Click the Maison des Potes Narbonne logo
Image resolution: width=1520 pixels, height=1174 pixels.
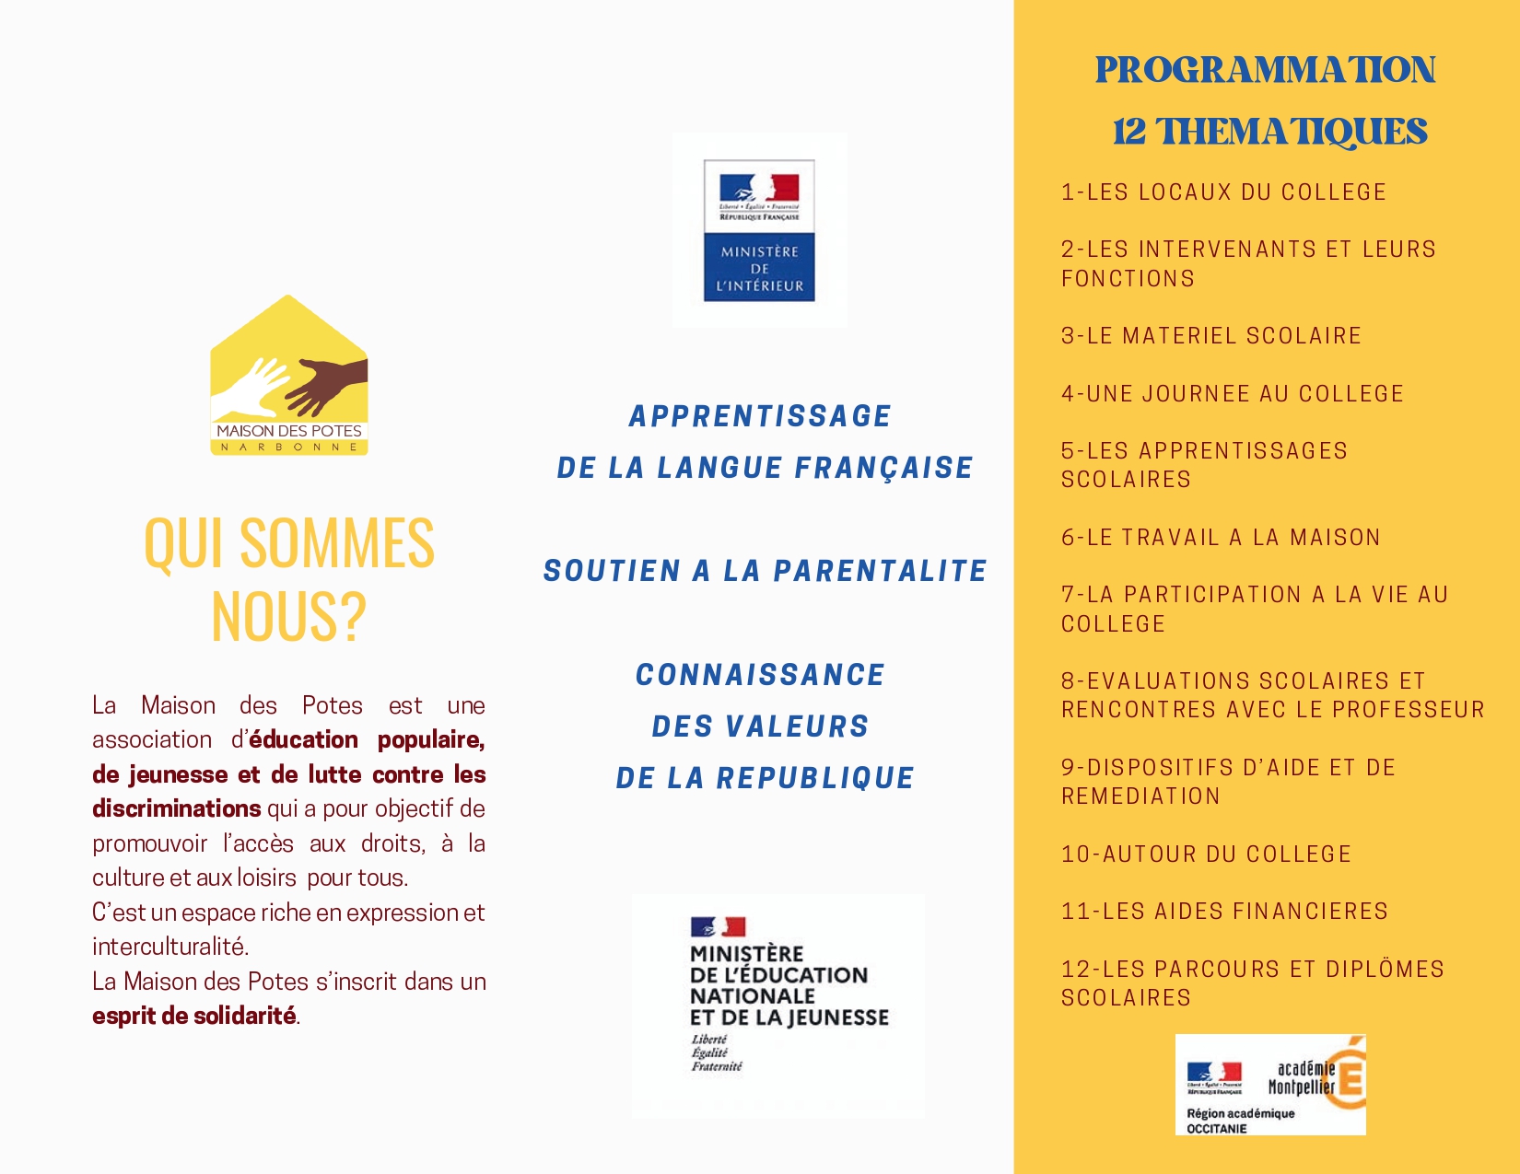click(289, 376)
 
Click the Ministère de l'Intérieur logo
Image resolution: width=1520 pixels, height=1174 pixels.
click(759, 230)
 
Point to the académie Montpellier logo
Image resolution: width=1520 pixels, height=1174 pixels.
click(1270, 1085)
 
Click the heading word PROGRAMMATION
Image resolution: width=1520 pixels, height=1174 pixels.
click(1265, 70)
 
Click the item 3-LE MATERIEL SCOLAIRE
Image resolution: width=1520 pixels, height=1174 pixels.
click(1210, 336)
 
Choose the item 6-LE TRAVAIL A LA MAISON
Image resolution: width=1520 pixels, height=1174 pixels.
click(1221, 538)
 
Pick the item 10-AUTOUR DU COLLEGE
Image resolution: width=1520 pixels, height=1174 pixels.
click(1206, 854)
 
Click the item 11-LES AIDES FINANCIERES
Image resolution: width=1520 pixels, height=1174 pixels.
click(1224, 912)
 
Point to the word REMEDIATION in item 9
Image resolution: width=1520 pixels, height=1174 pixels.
click(1140, 796)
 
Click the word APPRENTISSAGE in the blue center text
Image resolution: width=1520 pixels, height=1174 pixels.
click(760, 416)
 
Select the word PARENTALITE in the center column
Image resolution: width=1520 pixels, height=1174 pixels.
click(880, 571)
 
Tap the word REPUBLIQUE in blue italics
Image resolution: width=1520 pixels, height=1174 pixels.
click(815, 778)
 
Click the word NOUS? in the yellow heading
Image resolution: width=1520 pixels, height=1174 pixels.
click(288, 616)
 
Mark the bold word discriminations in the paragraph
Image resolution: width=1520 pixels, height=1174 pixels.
click(176, 808)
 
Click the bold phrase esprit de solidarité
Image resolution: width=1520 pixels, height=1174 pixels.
click(193, 1016)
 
